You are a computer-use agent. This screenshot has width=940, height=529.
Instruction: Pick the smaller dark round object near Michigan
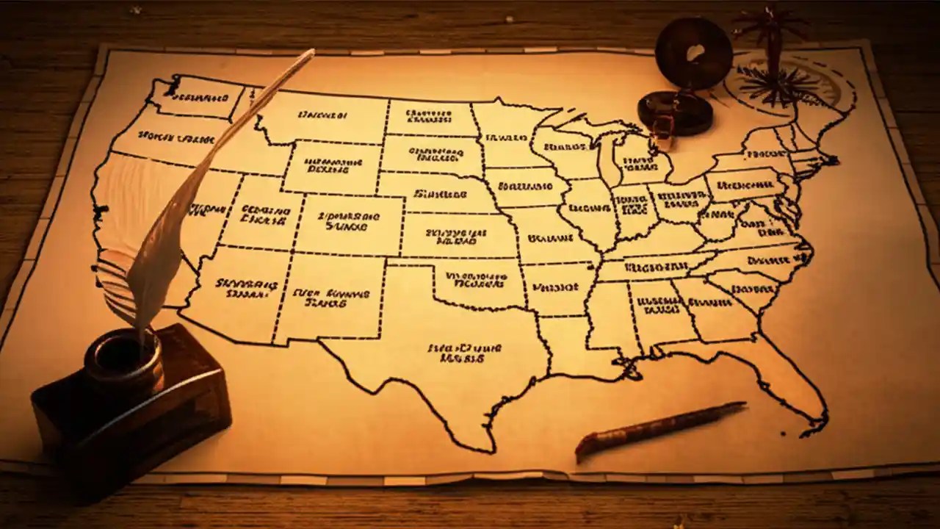point(675,112)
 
